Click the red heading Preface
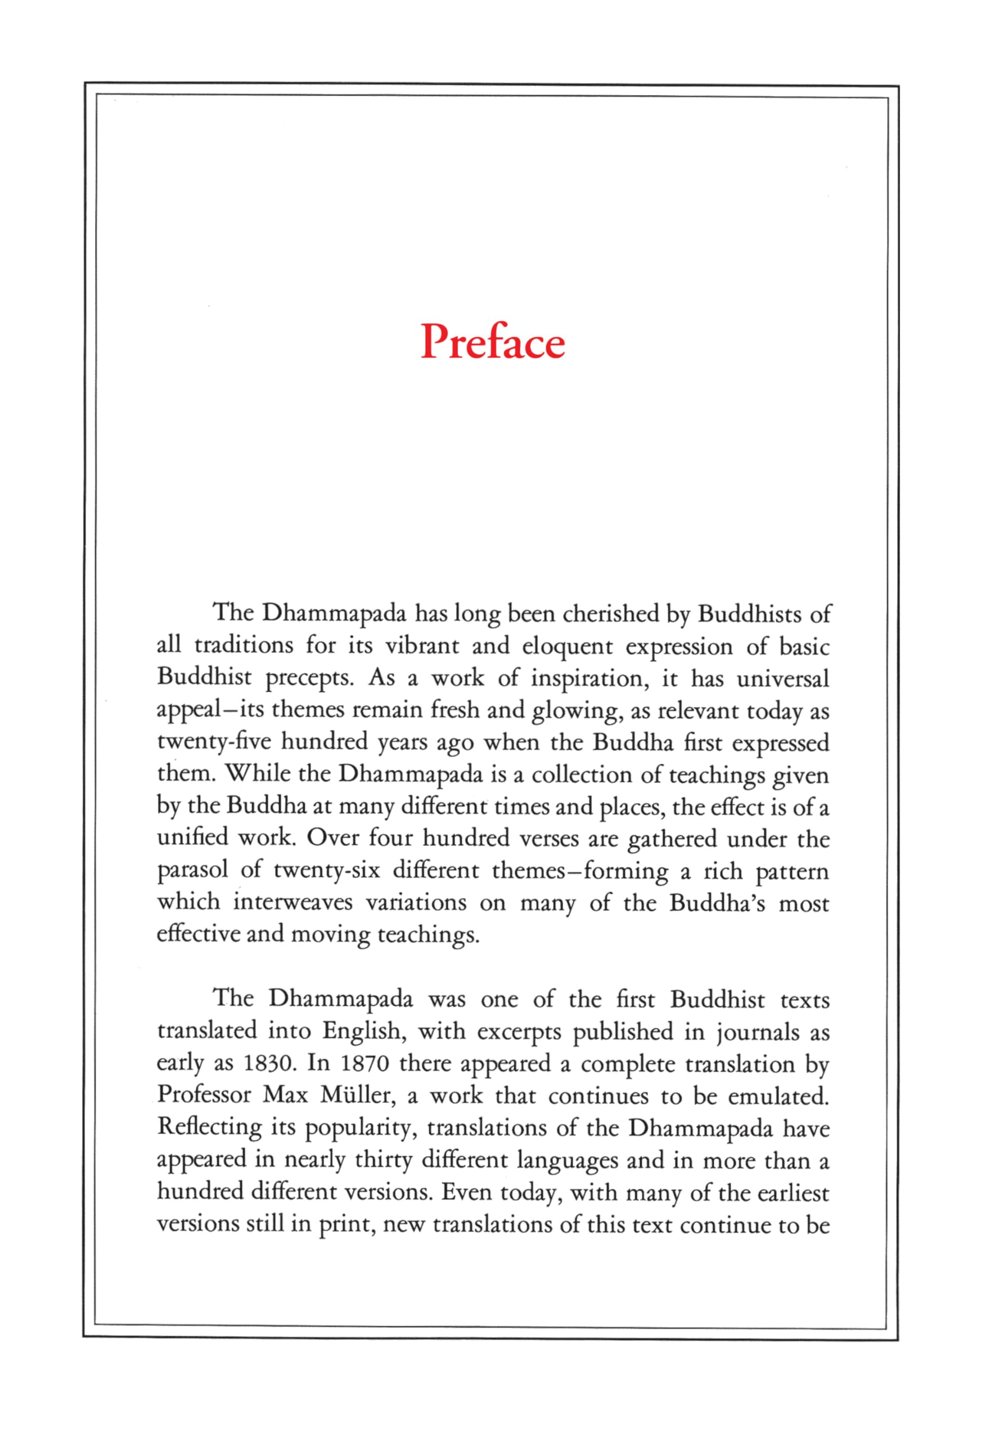(492, 342)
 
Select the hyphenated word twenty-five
(214, 742)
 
